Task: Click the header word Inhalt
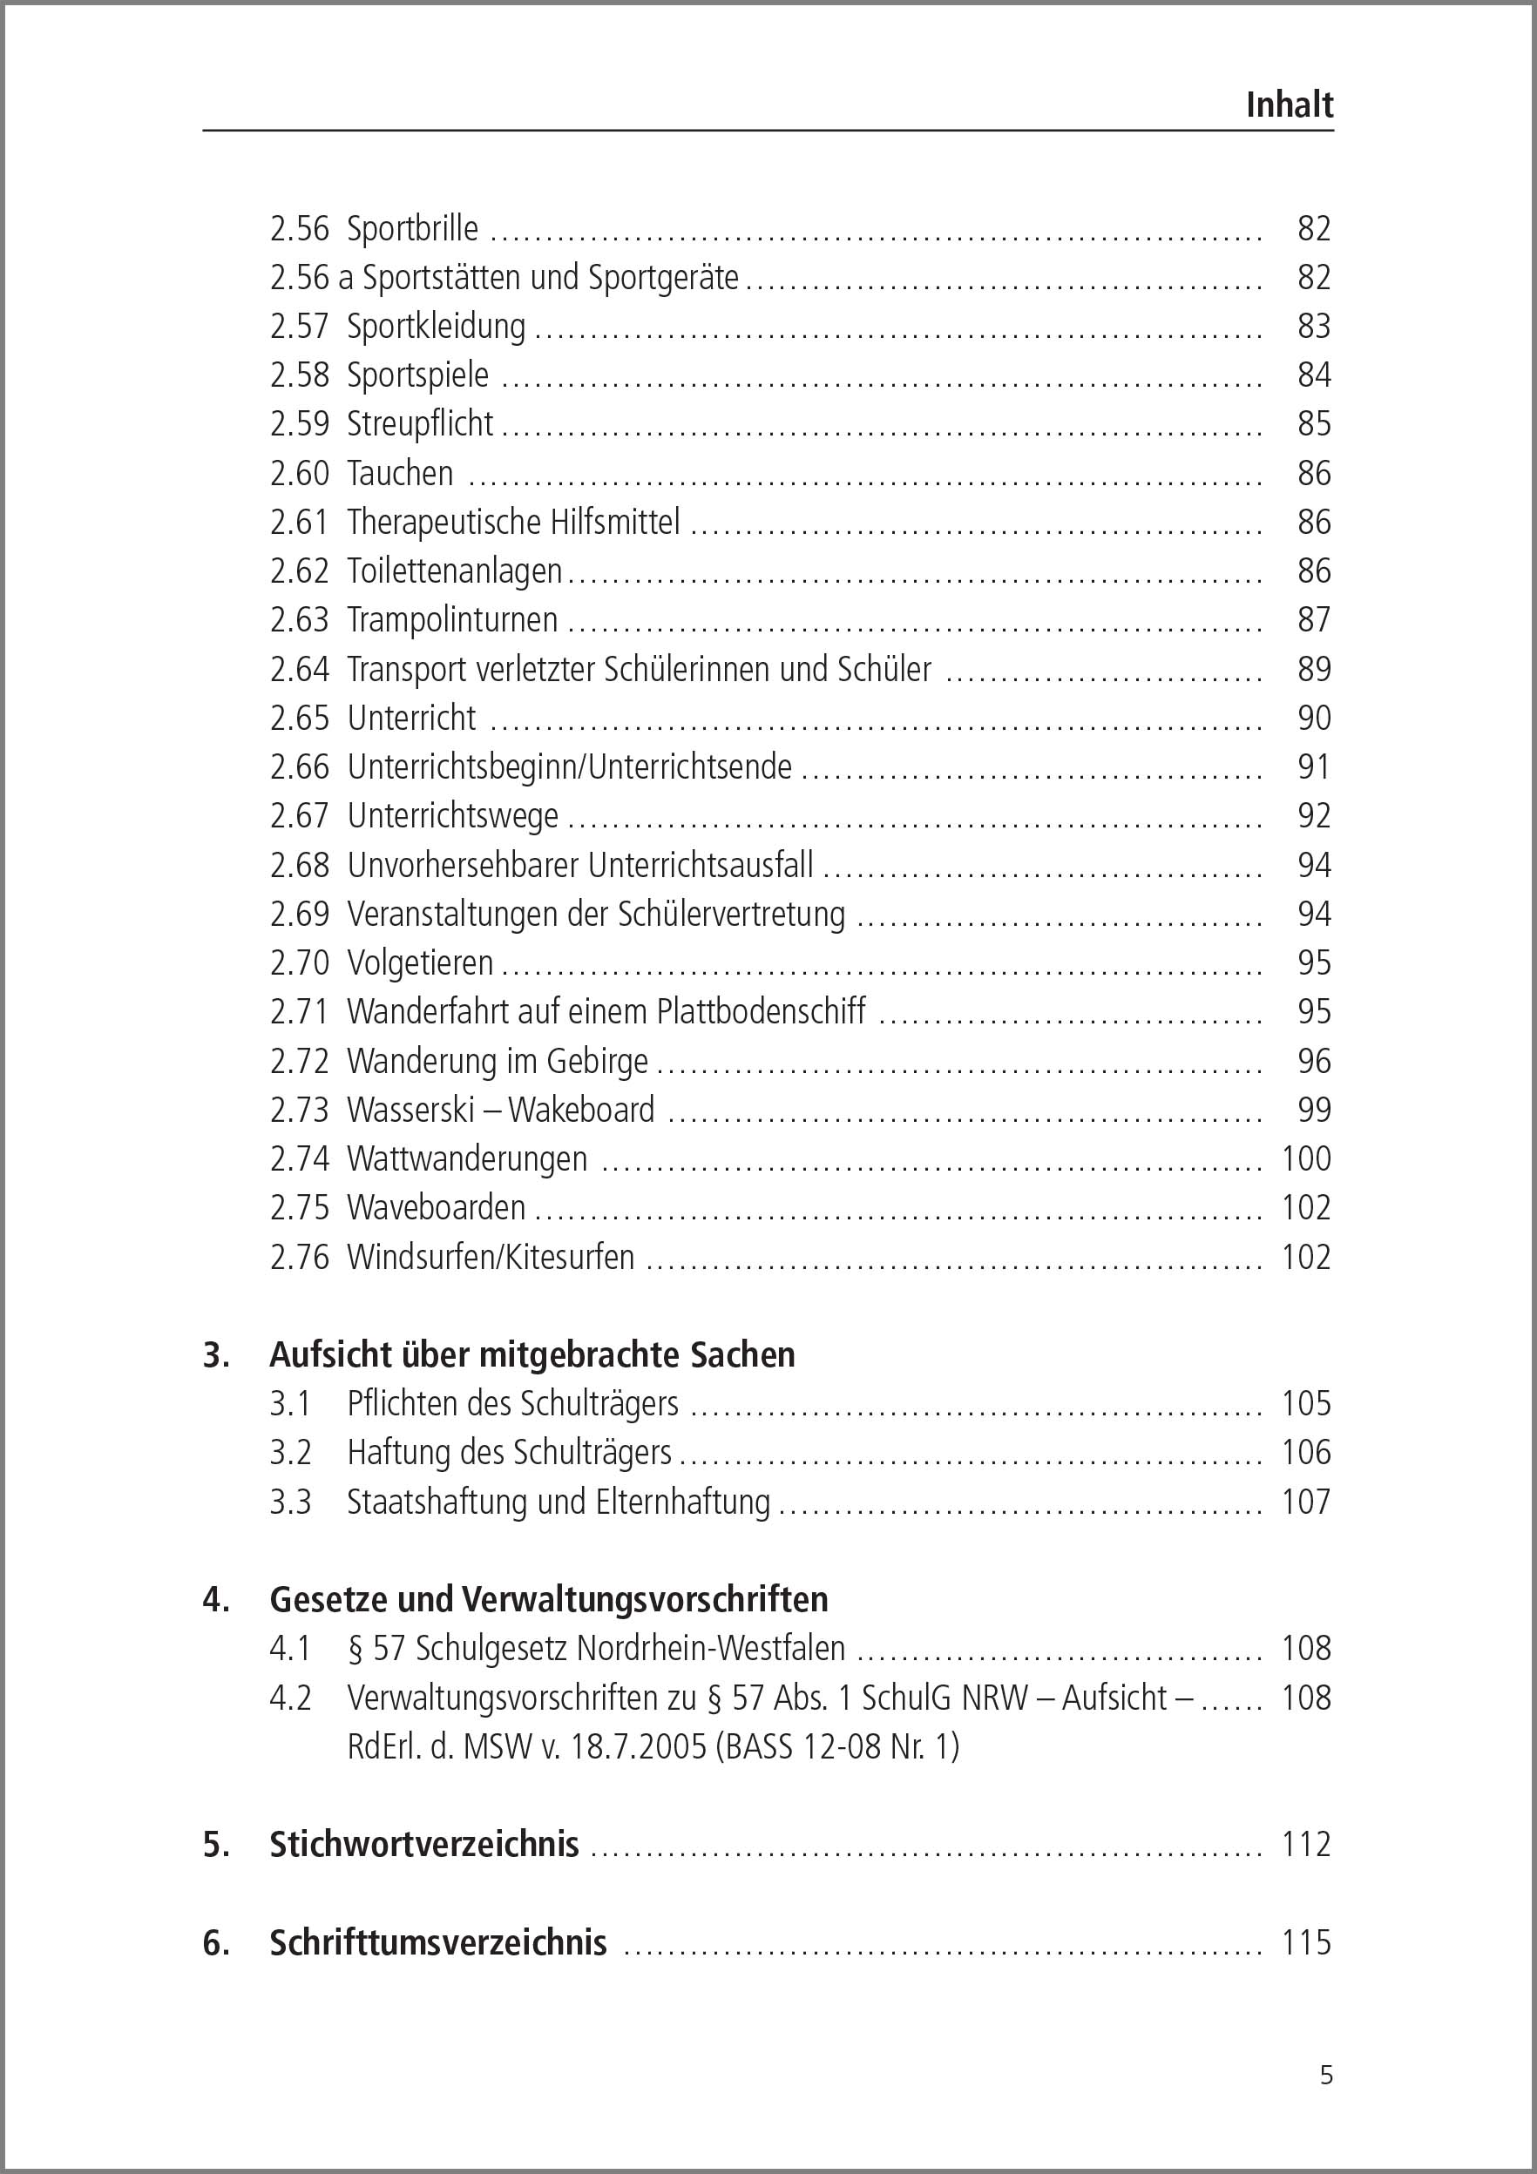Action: click(x=1289, y=105)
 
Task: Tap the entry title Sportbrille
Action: click(x=412, y=228)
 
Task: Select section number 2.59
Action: click(x=299, y=424)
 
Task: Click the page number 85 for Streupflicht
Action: click(x=1313, y=424)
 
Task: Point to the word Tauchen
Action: click(x=400, y=472)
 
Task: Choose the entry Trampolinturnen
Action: click(x=451, y=620)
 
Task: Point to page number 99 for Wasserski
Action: click(x=1313, y=1110)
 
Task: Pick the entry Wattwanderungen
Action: click(x=467, y=1159)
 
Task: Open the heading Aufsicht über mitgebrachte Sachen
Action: click(x=532, y=1355)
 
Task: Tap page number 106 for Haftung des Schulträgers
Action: click(x=1306, y=1453)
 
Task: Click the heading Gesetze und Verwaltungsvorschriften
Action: click(x=548, y=1599)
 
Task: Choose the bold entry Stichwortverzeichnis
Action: click(x=424, y=1845)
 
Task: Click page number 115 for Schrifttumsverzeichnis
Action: click(x=1306, y=1942)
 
